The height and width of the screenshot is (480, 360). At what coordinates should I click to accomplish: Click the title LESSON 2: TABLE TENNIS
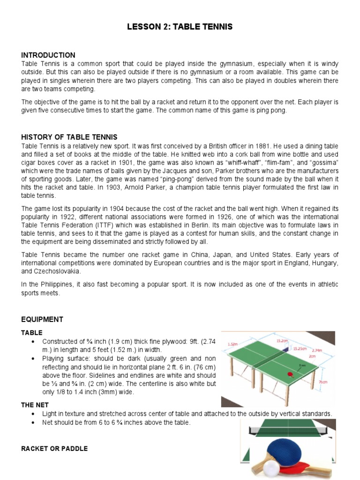point(180,27)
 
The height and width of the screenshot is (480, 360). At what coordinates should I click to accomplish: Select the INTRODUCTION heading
point(48,55)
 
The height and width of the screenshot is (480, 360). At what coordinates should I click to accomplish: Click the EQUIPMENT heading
point(42,319)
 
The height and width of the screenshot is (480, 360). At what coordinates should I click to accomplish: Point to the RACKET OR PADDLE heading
point(54,449)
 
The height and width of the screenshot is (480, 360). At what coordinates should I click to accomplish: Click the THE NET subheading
point(35,405)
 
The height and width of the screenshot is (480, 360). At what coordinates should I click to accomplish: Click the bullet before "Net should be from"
point(33,423)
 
